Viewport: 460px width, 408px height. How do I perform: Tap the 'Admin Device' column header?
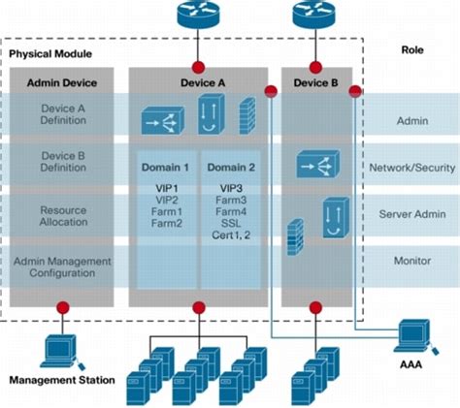click(63, 83)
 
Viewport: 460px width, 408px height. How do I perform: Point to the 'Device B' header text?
click(315, 83)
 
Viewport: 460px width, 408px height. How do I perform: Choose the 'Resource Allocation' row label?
click(63, 215)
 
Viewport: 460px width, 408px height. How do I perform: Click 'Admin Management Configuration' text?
click(63, 267)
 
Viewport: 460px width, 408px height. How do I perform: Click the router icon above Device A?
click(199, 16)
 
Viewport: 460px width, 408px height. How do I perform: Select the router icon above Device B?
click(314, 16)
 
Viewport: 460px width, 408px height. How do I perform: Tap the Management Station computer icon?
click(60, 347)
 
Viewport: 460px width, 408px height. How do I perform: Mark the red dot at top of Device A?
click(199, 66)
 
